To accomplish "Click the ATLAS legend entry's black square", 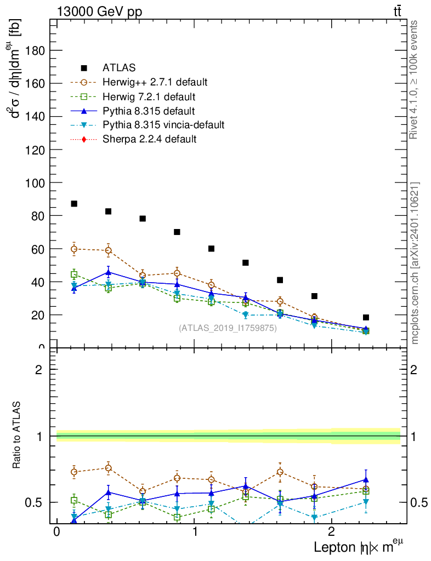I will (x=84, y=68).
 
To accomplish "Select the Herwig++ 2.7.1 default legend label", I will (x=155, y=83).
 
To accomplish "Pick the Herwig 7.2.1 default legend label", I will (x=149, y=97).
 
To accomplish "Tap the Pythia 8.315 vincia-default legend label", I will (x=163, y=125).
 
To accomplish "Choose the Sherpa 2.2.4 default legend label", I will (x=149, y=139).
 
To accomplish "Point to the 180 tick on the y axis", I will (x=36, y=50).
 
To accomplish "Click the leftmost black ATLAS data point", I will (x=74, y=204).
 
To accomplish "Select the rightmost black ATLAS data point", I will (x=366, y=317).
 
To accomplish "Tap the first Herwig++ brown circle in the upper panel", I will (x=74, y=249).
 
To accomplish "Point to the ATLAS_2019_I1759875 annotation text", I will (x=228, y=328).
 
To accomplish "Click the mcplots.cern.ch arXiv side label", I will (x=415, y=264).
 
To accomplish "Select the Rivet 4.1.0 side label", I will (x=415, y=80).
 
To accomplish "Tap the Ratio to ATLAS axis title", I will (x=17, y=435).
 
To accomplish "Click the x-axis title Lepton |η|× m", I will (x=359, y=548).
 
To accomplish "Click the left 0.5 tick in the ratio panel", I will (x=36, y=502).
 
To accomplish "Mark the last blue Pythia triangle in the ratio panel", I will (x=366, y=479).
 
